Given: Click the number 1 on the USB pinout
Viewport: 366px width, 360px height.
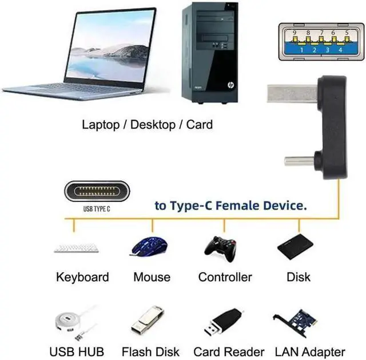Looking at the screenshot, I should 301,50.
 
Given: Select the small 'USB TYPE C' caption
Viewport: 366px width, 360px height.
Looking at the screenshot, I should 96,209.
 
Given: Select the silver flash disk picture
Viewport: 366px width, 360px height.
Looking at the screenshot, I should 148,320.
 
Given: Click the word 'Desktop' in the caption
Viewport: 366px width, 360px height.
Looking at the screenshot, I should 153,124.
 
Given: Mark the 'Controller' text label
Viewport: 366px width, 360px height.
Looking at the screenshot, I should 225,277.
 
